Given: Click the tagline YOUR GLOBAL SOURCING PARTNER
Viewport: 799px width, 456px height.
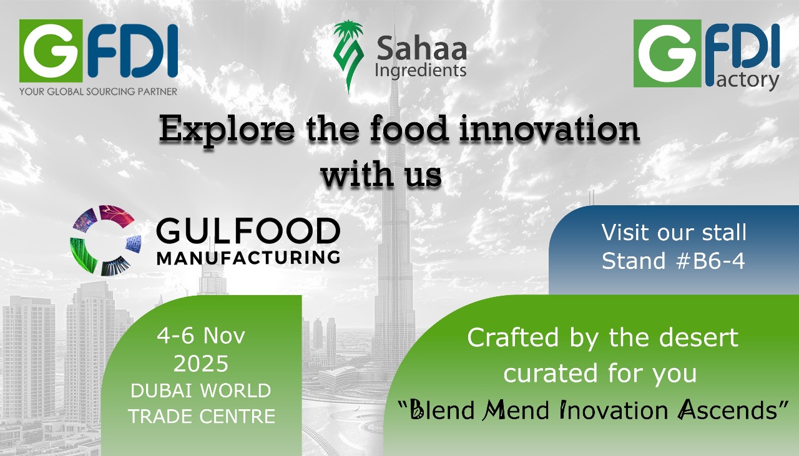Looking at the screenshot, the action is [x=98, y=92].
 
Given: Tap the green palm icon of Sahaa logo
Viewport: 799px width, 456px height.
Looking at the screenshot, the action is [x=348, y=56].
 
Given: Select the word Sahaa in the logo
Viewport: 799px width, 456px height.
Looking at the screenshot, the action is [x=421, y=49].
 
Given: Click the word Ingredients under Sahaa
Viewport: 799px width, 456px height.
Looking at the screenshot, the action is [x=421, y=71].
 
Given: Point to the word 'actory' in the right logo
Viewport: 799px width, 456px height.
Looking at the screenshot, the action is [x=747, y=80].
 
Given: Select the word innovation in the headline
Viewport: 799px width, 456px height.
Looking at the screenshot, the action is [x=549, y=129].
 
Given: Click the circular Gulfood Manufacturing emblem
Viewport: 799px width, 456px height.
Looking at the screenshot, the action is [x=105, y=240].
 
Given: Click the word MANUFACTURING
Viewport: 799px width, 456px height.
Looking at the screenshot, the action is [x=248, y=258].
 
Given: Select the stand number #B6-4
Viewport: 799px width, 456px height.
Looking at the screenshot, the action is [x=710, y=261].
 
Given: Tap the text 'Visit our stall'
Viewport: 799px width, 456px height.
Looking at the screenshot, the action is [x=674, y=233].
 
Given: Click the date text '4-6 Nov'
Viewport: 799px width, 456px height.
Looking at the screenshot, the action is [x=201, y=336].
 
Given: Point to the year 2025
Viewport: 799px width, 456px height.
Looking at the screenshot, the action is [x=201, y=363].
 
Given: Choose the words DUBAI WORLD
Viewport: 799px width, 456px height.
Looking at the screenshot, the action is [x=201, y=391].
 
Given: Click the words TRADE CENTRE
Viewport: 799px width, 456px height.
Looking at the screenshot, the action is [x=202, y=416].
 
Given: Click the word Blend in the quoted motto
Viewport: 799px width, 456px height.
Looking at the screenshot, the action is [x=441, y=410].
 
